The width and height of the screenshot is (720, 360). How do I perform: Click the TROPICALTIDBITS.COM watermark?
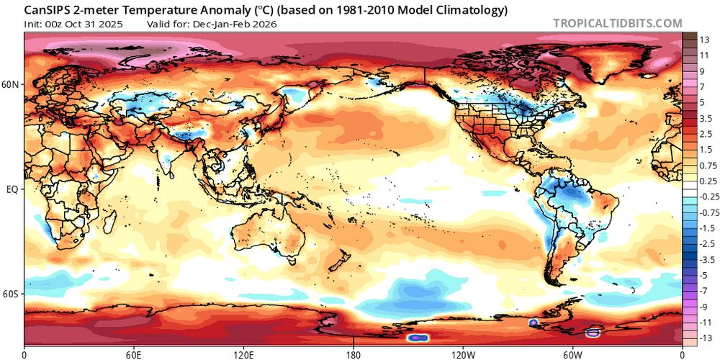(x=617, y=22)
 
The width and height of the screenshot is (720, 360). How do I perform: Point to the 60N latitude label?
(x=11, y=84)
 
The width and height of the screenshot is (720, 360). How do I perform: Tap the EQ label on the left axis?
(x=12, y=189)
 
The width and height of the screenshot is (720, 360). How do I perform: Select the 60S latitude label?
(x=11, y=294)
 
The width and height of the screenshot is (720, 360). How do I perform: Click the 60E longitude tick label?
(x=134, y=354)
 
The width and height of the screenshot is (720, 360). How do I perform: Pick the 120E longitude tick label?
(x=243, y=354)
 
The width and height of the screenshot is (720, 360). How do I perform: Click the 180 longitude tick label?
(x=353, y=354)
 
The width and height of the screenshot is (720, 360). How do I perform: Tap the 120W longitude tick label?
(x=462, y=354)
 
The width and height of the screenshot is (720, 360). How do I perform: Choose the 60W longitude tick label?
(x=572, y=354)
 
